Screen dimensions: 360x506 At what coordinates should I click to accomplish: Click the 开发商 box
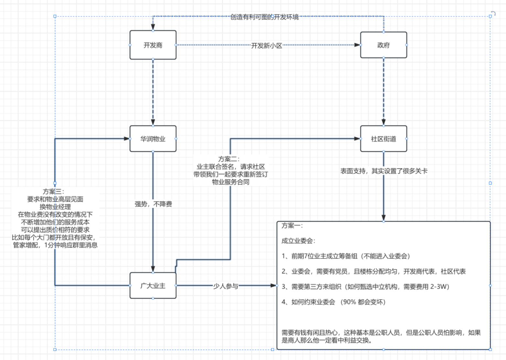153,45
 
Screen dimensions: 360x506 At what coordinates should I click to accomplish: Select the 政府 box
383,45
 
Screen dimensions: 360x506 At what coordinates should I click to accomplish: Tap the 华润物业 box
153,139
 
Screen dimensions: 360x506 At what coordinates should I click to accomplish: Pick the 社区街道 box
383,139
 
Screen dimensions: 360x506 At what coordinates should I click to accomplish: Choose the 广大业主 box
153,286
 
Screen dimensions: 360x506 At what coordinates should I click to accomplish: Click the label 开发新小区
267,46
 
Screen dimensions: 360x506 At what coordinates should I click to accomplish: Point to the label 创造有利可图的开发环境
264,17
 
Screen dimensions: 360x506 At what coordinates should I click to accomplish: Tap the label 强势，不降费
153,204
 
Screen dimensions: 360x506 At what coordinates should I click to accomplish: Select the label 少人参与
226,286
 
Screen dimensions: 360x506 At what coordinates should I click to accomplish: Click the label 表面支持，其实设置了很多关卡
384,171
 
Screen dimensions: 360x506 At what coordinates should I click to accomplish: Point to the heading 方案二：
229,159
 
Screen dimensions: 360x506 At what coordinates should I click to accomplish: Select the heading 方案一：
292,226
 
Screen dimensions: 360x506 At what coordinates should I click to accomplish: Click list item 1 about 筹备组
346,256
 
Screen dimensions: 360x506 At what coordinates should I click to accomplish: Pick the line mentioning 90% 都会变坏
333,302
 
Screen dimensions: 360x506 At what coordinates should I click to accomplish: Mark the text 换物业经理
55,207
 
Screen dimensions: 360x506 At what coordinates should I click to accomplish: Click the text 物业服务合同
231,182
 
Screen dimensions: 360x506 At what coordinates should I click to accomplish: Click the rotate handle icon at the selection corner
493,14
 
